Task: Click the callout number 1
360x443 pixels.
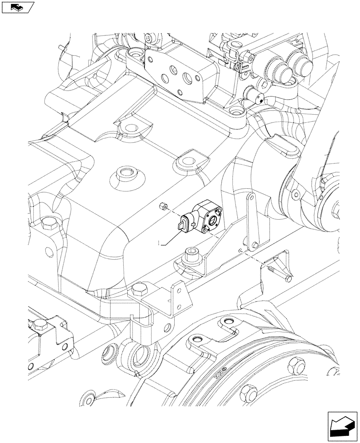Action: [158, 243]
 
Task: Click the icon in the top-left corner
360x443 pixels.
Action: [18, 7]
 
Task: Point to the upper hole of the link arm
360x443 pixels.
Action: [250, 198]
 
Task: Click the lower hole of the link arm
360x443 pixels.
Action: [254, 242]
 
